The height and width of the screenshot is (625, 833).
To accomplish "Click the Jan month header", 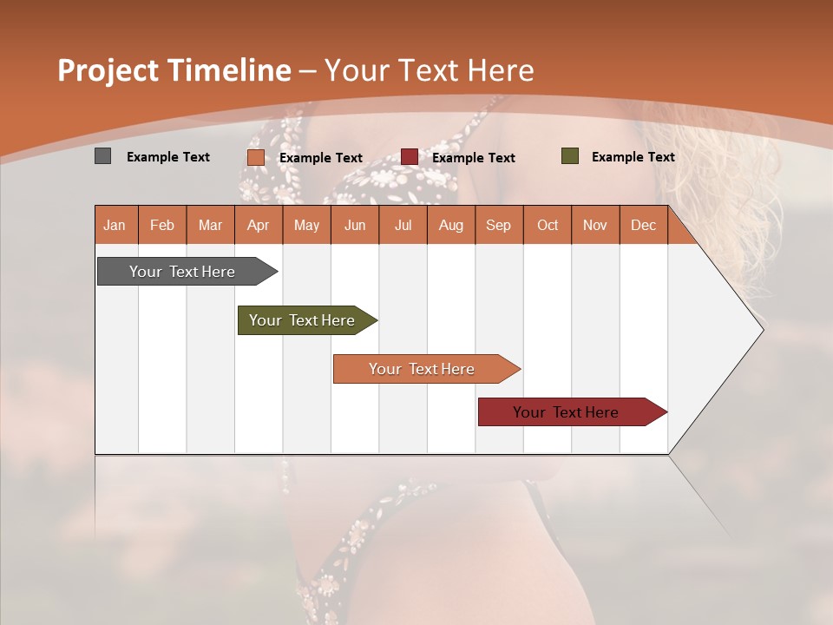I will [115, 225].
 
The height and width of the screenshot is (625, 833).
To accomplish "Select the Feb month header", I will [162, 225].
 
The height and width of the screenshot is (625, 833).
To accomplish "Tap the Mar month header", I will [210, 225].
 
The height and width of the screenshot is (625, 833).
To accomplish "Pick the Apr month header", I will [259, 225].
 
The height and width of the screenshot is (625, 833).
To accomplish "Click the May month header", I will [306, 225].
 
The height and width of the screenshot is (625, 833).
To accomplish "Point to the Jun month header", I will [355, 225].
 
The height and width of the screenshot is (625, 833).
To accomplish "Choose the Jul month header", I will [403, 225].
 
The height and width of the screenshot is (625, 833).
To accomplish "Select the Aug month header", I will [451, 225].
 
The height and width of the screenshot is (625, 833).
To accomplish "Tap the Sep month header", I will [499, 225].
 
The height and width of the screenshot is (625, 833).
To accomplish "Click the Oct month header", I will [548, 225].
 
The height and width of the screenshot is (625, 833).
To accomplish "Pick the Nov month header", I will [595, 225].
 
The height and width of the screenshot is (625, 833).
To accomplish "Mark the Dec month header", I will [644, 225].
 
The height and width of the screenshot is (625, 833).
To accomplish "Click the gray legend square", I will [103, 156].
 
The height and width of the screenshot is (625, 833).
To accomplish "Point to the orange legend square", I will [256, 157].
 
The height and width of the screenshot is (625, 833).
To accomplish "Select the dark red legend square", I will [410, 157].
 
